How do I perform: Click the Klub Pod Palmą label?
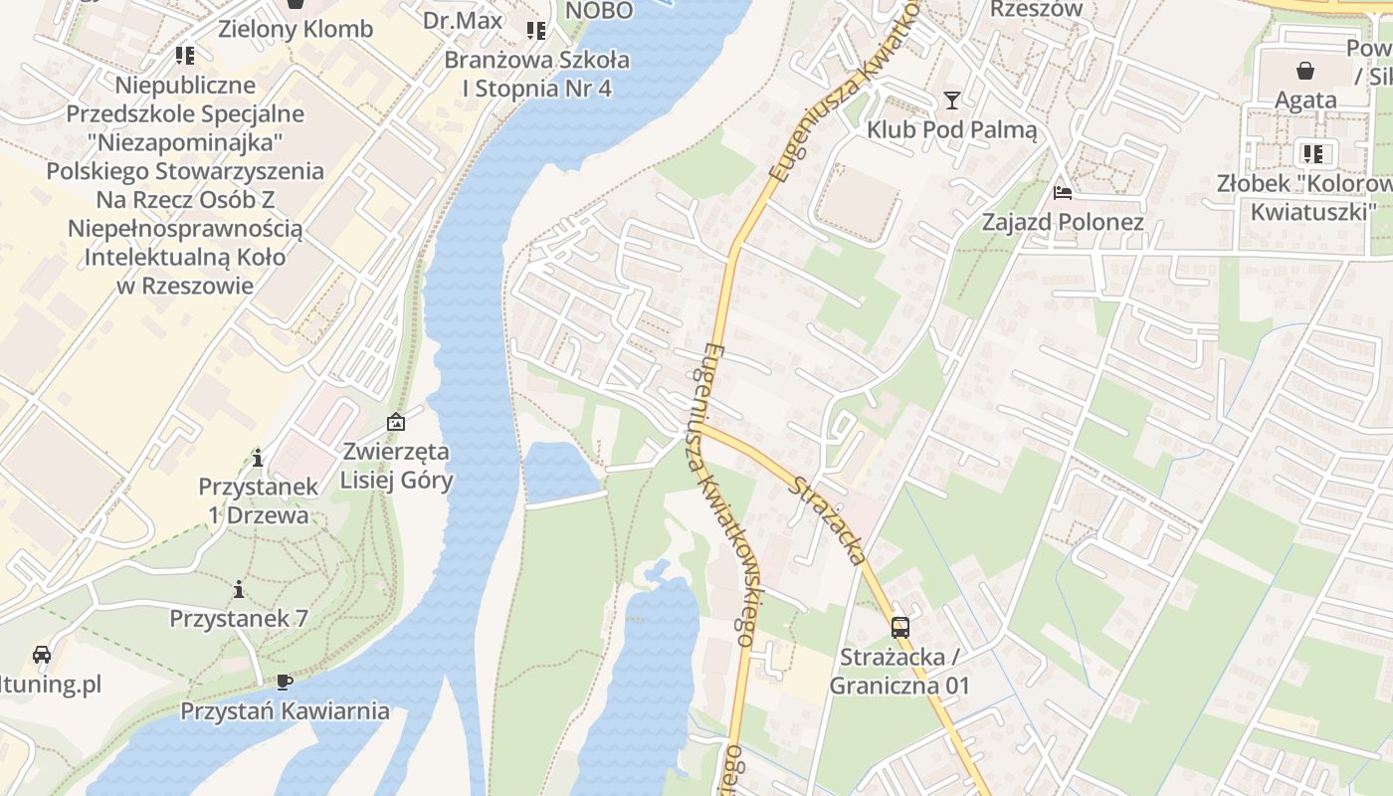[x=951, y=129]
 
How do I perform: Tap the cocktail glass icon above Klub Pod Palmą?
[x=952, y=100]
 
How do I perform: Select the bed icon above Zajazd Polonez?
[x=1063, y=192]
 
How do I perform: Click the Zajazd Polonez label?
[x=1063, y=221]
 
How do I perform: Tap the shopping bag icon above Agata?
[x=1304, y=71]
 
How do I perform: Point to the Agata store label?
[x=1305, y=99]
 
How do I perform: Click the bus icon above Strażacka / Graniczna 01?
[x=899, y=627]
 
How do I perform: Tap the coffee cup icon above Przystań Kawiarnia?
[x=284, y=682]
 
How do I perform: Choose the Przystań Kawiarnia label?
[x=285, y=711]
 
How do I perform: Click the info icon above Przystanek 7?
[x=239, y=590]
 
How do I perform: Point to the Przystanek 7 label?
[x=239, y=618]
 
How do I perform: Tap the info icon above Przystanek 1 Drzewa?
[x=258, y=458]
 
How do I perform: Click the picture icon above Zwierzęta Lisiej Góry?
[x=396, y=422]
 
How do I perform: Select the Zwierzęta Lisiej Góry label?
[x=396, y=466]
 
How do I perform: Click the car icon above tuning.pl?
[x=42, y=655]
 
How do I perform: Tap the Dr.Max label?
[x=463, y=20]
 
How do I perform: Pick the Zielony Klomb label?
[x=296, y=29]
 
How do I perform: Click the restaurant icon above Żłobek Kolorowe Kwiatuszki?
[x=1313, y=153]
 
